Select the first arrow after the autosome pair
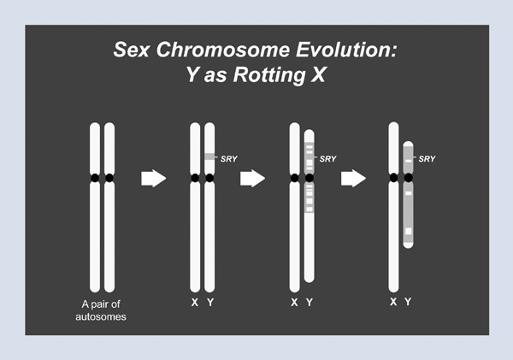(x=151, y=178)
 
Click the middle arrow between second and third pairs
(x=251, y=178)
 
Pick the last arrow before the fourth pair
(x=352, y=178)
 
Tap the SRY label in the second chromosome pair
(x=229, y=157)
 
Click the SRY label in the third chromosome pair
(x=329, y=157)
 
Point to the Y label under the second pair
(x=209, y=304)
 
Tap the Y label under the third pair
(x=310, y=304)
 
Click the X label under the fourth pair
(x=392, y=302)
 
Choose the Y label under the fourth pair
(x=408, y=302)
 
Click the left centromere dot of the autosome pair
(x=94, y=178)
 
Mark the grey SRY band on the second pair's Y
(x=209, y=156)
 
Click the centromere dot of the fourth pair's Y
(x=409, y=178)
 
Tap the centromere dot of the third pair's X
(x=294, y=178)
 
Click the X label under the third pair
(x=294, y=304)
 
